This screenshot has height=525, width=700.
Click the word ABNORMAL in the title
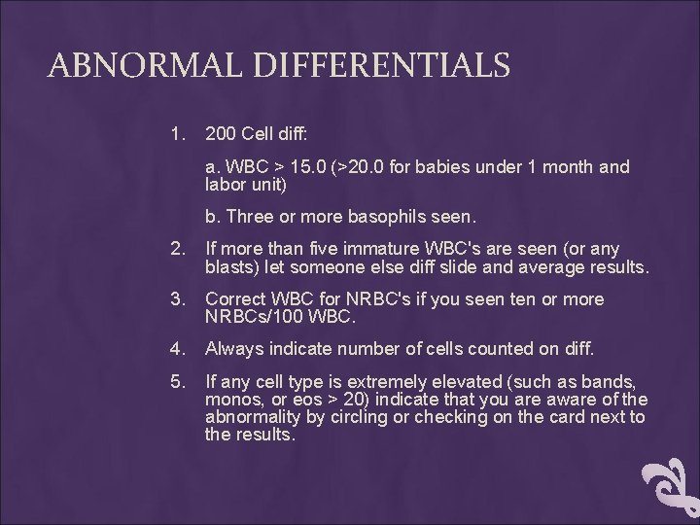click(138, 66)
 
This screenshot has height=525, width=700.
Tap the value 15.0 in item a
click(303, 167)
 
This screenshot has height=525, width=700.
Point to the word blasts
click(230, 267)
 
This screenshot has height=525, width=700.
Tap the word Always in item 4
click(233, 349)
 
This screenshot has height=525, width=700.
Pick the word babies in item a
click(451, 167)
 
